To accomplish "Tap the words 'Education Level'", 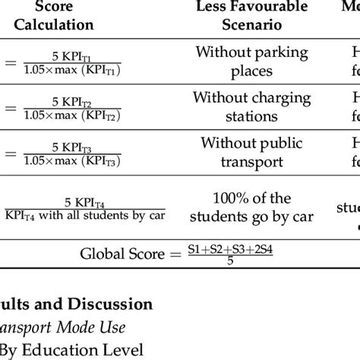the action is [83, 352].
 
